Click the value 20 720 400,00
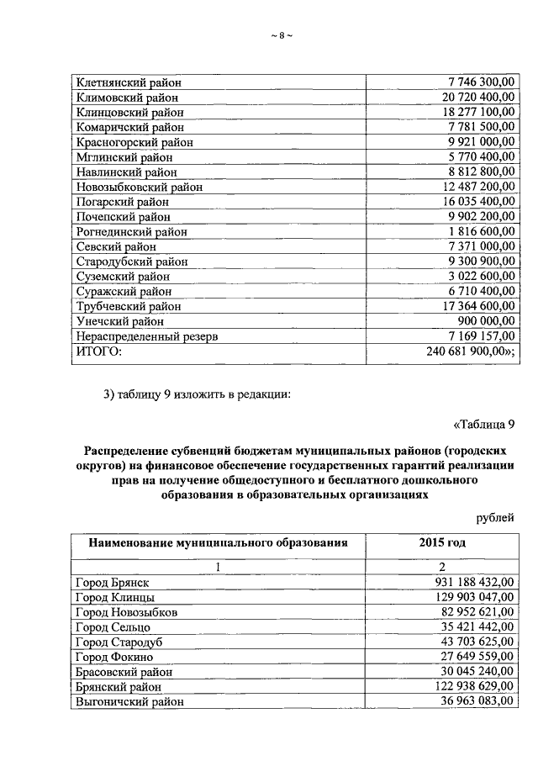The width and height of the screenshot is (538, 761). [x=475, y=98]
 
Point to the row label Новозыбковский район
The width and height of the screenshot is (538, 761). [x=139, y=188]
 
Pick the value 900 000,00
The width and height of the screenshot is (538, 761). [x=484, y=322]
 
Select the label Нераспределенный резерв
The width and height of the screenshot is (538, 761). [x=147, y=337]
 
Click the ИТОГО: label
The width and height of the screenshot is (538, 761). [x=98, y=352]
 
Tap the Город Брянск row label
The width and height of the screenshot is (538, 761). [x=113, y=582]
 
